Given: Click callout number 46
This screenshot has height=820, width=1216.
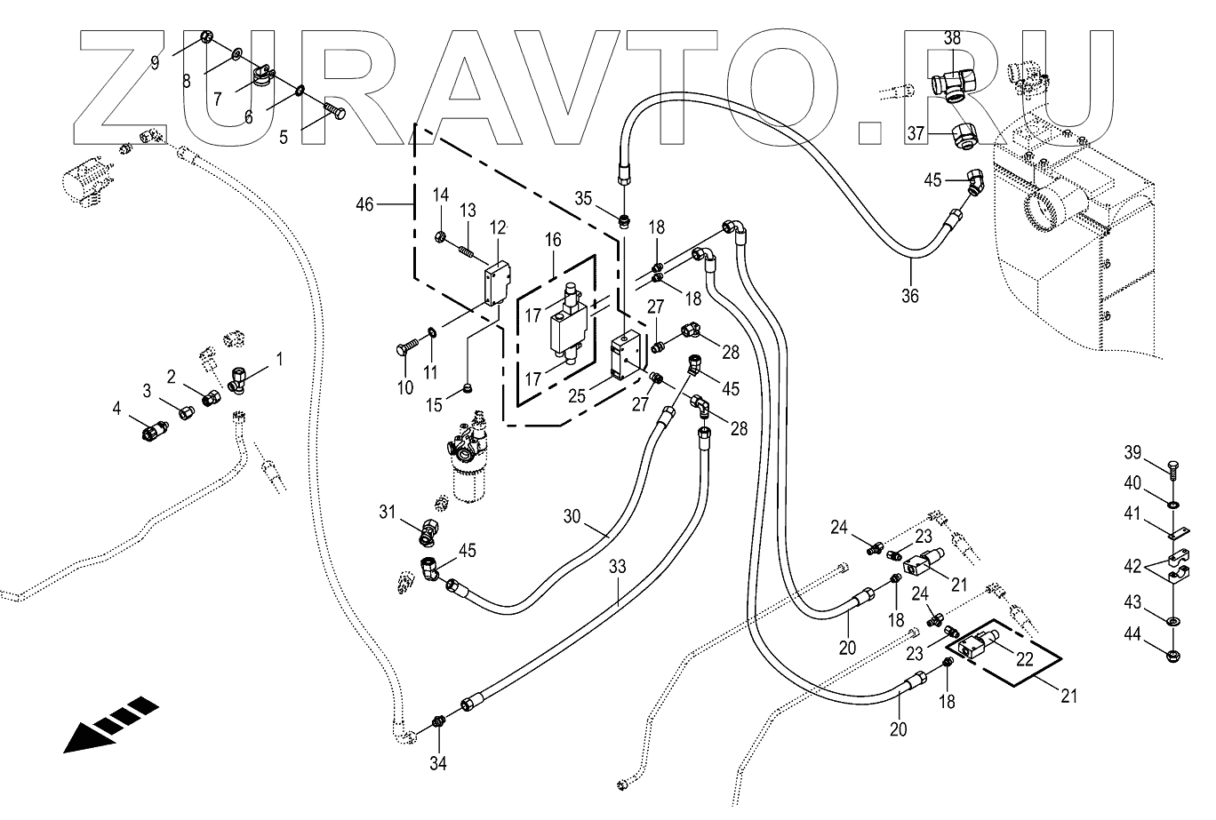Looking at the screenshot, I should (x=364, y=204).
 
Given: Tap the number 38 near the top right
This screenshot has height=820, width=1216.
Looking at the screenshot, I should (x=952, y=38).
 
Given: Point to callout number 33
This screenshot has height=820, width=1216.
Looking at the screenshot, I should (x=617, y=566).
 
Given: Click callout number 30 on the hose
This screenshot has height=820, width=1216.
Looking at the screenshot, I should (x=571, y=514).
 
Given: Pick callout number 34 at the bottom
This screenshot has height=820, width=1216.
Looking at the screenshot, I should (x=438, y=762).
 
